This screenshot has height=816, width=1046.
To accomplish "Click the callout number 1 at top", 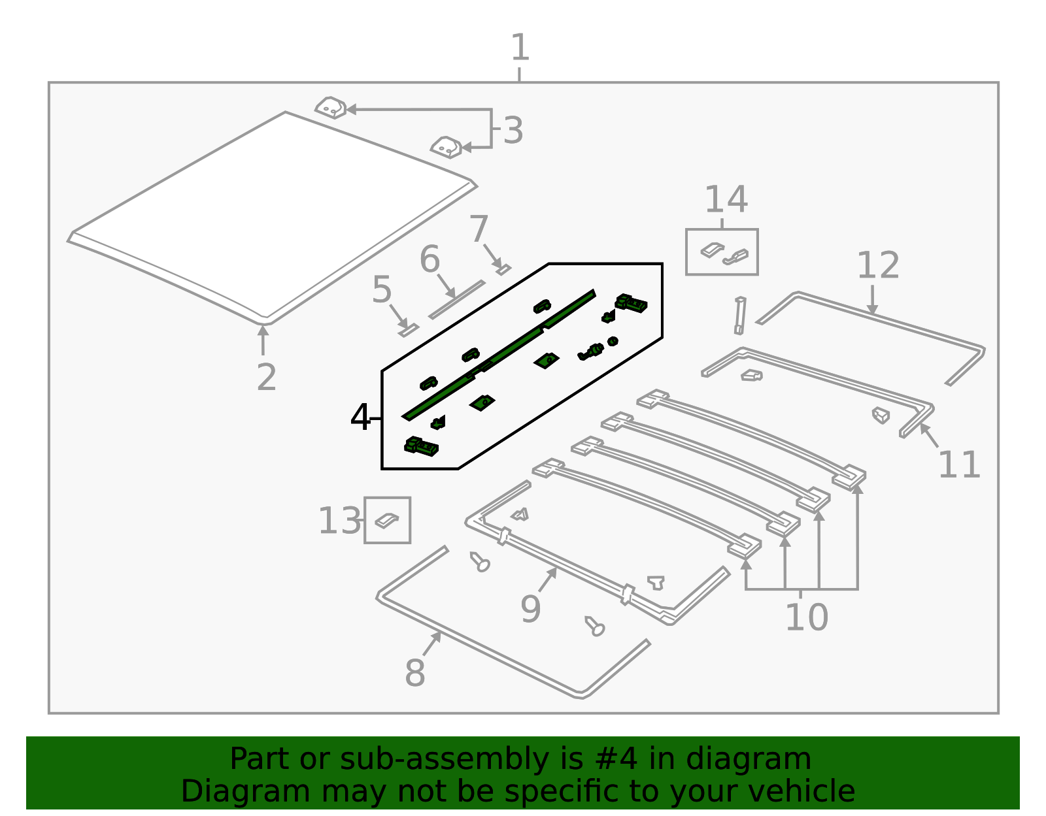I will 519,48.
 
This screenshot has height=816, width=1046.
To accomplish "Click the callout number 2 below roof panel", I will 266,377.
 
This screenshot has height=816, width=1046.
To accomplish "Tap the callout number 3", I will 513,131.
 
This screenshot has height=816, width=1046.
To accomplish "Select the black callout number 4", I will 360,417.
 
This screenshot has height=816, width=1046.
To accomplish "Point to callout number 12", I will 878,265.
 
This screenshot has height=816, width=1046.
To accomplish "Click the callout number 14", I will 726,199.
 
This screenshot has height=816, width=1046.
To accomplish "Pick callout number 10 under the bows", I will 806,617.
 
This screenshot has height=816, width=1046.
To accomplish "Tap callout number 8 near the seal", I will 415,673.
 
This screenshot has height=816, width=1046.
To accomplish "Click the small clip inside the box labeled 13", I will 386,520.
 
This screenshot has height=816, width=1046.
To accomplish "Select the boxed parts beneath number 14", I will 722,252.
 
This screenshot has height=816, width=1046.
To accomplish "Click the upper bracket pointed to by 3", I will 331,108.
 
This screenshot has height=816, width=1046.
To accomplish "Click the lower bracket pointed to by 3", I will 447,147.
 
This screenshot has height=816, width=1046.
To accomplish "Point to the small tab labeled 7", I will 503,269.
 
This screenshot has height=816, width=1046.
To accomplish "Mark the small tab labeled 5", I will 408,329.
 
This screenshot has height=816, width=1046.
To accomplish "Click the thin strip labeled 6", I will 457,299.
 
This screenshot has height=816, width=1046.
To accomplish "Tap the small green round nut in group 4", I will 613,341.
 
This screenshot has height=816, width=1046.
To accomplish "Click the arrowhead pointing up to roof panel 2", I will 263,331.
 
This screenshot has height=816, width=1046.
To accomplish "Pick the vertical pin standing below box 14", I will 739,316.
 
